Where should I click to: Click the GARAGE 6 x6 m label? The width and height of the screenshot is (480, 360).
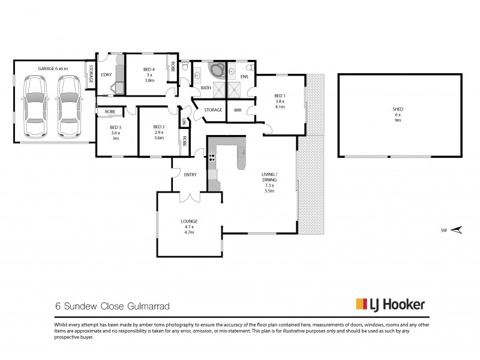click(53, 69)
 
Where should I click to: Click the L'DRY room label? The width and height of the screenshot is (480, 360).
click(107, 74)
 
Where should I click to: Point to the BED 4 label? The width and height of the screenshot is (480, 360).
click(149, 70)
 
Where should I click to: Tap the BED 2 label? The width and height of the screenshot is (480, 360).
click(159, 127)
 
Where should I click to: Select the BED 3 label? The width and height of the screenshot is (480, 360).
click(116, 127)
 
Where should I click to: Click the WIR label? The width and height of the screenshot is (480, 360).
click(238, 110)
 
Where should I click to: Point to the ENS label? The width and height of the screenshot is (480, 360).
click(244, 77)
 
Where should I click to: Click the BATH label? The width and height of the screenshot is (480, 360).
click(206, 88)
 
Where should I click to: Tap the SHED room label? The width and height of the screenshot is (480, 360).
click(398, 109)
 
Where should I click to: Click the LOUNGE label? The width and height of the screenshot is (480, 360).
click(190, 221)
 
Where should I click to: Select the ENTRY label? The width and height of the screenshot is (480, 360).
click(190, 175)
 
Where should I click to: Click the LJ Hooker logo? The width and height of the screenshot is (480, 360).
click(391, 304)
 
